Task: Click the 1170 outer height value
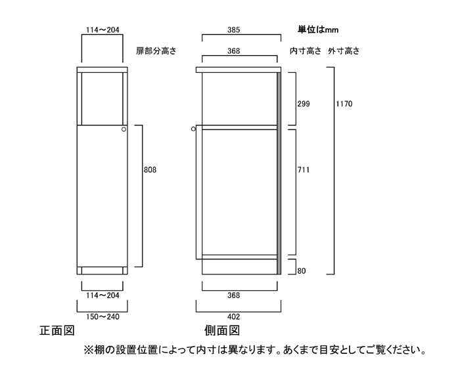pos(344,104)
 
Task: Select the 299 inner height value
pos(303,104)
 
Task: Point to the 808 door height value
pos(150,169)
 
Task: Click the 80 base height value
pos(302,270)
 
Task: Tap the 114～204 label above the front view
pos(102,30)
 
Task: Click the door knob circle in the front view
pos(123,131)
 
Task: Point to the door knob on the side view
pos(193,130)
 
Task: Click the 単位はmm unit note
pos(318,30)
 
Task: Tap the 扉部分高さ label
pos(157,50)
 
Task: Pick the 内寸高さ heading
pos(305,51)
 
